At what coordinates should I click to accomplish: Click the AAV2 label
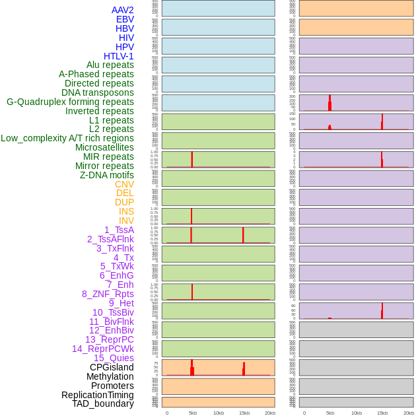(122, 10)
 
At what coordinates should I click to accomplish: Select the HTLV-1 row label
(118, 56)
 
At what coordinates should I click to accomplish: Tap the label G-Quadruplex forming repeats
(70, 102)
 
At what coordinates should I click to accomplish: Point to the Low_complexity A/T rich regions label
(67, 138)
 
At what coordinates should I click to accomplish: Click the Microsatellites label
(104, 147)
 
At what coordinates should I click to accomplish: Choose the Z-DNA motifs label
(107, 175)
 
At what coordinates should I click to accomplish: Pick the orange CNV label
(124, 184)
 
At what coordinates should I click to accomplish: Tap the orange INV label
(126, 221)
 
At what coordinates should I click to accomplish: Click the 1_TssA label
(119, 230)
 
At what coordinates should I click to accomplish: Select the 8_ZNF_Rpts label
(108, 294)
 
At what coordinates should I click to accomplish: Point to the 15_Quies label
(114, 358)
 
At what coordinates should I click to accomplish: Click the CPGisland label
(112, 367)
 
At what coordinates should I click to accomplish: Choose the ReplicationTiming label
(98, 395)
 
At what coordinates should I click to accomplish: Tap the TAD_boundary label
(103, 403)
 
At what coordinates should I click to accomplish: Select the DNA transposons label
(98, 92)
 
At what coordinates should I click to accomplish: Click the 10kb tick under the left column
(219, 413)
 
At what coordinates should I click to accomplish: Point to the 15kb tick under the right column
(382, 413)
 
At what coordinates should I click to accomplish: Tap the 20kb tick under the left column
(270, 413)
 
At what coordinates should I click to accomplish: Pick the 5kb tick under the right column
(330, 413)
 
